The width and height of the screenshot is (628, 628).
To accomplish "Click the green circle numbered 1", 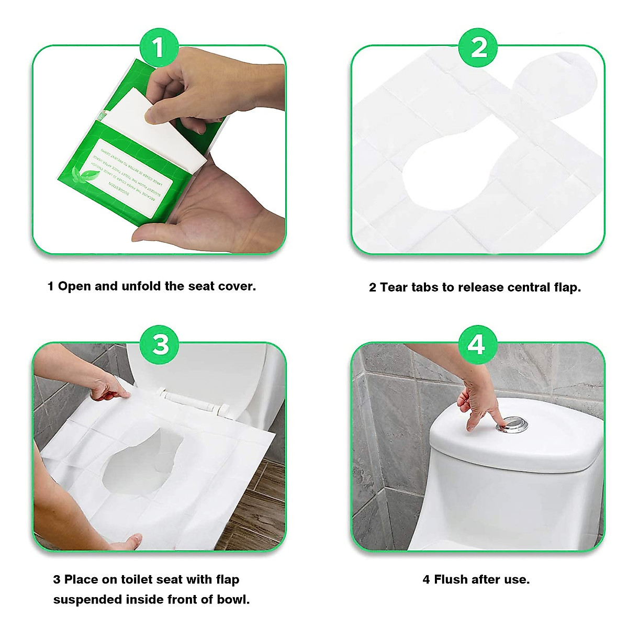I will pyautogui.click(x=159, y=48).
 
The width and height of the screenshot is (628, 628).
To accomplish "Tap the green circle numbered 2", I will pyautogui.click(x=478, y=48).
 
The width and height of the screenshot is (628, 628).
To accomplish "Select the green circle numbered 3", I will pyautogui.click(x=161, y=344).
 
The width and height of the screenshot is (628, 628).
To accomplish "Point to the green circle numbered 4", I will pyautogui.click(x=477, y=344).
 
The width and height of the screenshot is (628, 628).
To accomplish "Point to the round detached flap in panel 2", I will pyautogui.click(x=555, y=82).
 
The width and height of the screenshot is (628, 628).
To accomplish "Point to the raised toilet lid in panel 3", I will pyautogui.click(x=209, y=366).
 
